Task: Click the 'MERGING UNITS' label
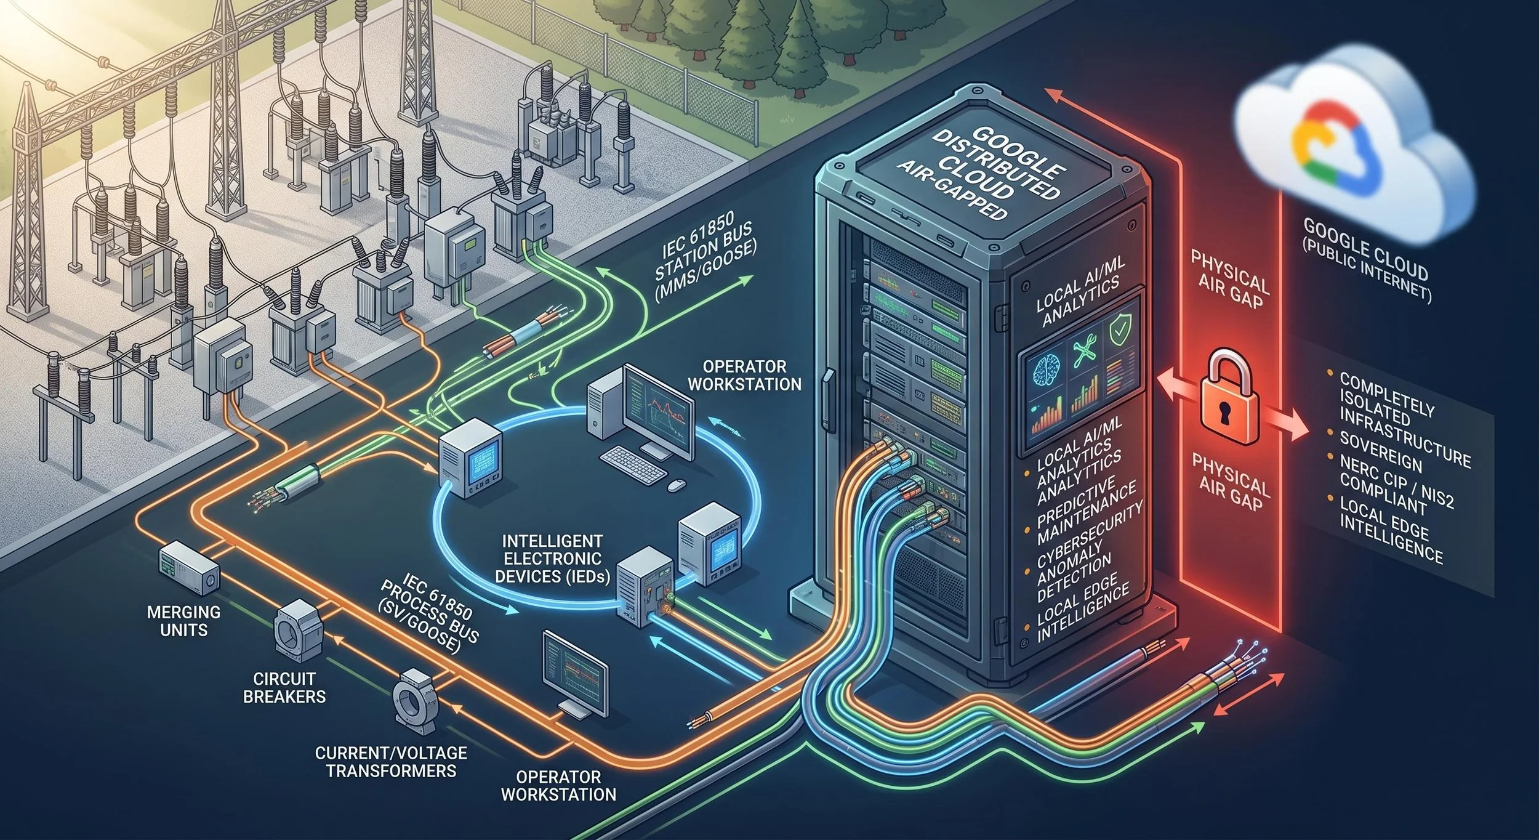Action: point(183,621)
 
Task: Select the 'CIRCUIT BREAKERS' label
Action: point(284,687)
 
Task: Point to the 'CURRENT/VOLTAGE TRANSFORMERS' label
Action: point(391,761)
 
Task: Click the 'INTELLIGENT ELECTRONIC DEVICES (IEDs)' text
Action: point(552,559)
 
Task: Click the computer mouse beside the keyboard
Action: point(675,485)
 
